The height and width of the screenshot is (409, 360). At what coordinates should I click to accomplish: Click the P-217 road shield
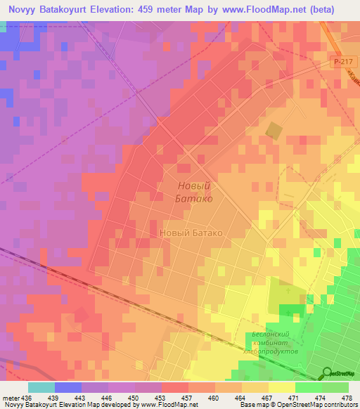pyautogui.click(x=342, y=63)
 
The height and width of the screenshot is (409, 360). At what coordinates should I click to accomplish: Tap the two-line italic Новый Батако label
pyautogui.click(x=193, y=192)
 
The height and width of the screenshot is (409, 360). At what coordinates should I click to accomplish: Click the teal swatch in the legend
pyautogui.click(x=41, y=387)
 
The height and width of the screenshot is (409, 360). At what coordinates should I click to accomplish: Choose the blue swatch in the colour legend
pyautogui.click(x=67, y=387)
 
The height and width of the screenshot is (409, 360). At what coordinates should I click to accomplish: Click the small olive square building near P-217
pyautogui.click(x=274, y=130)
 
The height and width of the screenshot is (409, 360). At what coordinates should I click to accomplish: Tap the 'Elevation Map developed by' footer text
pyautogui.click(x=98, y=405)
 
